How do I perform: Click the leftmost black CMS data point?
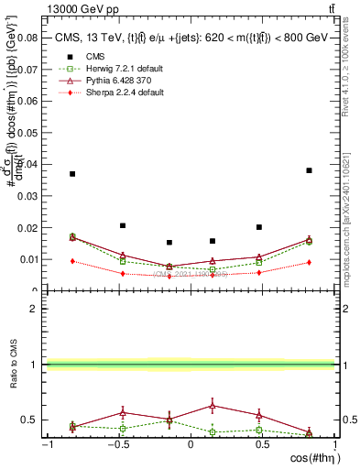coord(72,174)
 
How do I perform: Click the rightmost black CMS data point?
coord(309,170)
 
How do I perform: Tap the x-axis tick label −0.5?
coord(118,444)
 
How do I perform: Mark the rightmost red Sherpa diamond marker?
coord(309,263)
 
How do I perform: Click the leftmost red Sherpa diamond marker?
coord(72,261)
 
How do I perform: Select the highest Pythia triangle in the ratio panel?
coord(213,405)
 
